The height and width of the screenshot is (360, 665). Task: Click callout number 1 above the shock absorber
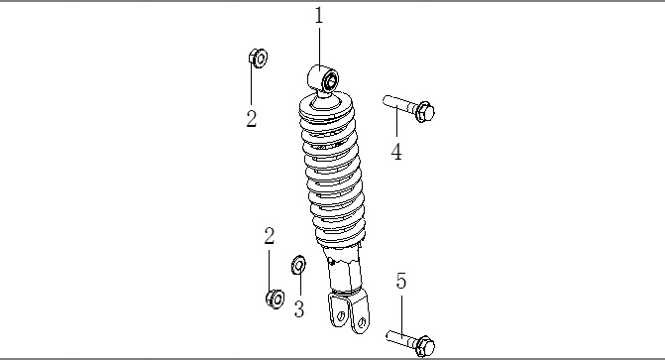[319, 15]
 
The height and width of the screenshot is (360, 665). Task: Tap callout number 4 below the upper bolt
[396, 152]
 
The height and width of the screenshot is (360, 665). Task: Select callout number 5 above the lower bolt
[401, 281]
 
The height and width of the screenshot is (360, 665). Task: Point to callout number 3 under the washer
[299, 309]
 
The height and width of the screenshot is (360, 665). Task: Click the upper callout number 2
[252, 118]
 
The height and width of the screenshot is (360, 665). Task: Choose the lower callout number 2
[269, 236]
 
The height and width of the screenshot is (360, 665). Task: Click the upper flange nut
[258, 58]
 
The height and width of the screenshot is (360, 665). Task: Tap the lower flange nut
[276, 299]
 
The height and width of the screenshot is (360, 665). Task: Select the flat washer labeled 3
[299, 265]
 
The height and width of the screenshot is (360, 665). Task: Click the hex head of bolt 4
[424, 112]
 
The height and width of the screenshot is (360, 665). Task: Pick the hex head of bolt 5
[425, 346]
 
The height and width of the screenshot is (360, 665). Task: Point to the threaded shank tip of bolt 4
[386, 100]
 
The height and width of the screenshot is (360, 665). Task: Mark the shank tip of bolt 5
[388, 335]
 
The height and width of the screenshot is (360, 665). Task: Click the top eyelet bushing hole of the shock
[330, 80]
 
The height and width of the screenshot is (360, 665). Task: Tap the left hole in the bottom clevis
[341, 316]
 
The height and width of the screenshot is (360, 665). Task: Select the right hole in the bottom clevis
[362, 323]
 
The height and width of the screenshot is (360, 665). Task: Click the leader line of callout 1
[319, 48]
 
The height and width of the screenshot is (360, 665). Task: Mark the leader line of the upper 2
[251, 83]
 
